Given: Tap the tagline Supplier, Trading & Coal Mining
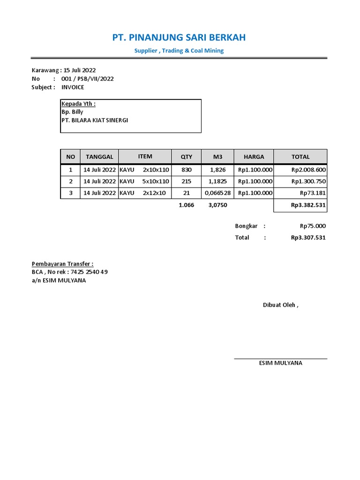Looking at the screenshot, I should tap(179, 51).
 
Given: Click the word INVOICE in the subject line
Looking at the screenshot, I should tap(74, 87).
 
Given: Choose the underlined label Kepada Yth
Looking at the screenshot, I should tap(78, 104).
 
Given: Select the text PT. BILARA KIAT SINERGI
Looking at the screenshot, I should tap(95, 120).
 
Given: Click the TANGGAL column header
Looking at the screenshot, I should tap(99, 157).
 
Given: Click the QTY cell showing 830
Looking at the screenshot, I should tap(186, 170).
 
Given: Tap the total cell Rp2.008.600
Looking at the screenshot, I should tap(308, 170).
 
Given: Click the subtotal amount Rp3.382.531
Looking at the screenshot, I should tap(308, 205).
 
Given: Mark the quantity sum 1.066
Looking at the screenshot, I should tap(186, 205).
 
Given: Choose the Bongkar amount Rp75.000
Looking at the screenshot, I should tap(313, 226).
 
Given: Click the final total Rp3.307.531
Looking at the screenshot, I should tap(308, 238).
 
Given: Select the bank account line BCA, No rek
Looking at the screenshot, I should tap(69, 272).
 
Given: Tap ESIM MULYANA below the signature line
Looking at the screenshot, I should tap(280, 363).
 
